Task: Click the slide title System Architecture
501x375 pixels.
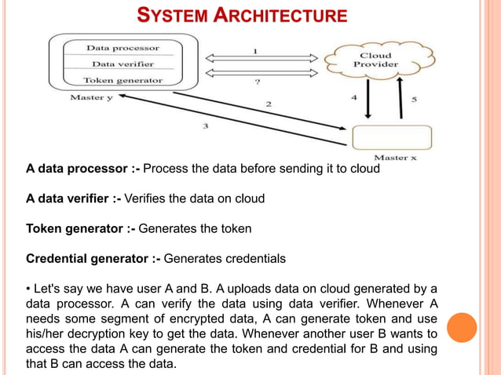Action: (x=242, y=15)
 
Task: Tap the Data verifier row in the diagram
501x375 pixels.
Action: (x=123, y=64)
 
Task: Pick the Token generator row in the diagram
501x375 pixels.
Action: (x=123, y=80)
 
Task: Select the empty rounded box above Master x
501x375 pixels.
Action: (x=393, y=137)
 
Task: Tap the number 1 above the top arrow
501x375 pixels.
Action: (x=254, y=51)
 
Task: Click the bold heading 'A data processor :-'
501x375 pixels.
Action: (x=82, y=169)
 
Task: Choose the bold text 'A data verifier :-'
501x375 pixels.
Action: (x=73, y=198)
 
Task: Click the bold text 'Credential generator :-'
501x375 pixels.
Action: (x=93, y=258)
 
